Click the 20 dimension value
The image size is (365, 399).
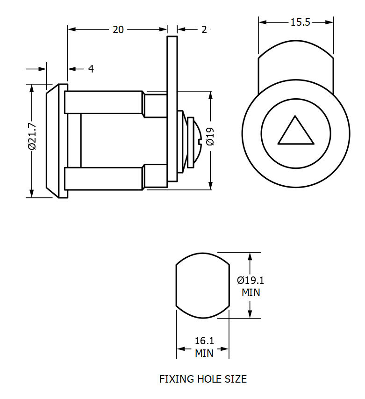pyautogui.click(x=118, y=29)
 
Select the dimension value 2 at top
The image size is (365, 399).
pyautogui.click(x=204, y=29)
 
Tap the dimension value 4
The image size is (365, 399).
pyautogui.click(x=91, y=69)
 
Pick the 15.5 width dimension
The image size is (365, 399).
pyautogui.click(x=300, y=22)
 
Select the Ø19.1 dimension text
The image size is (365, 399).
pyautogui.click(x=250, y=280)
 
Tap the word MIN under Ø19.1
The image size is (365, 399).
pyautogui.click(x=250, y=293)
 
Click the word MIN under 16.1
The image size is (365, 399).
pyautogui.click(x=204, y=354)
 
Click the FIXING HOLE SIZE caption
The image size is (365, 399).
pyautogui.click(x=203, y=379)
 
